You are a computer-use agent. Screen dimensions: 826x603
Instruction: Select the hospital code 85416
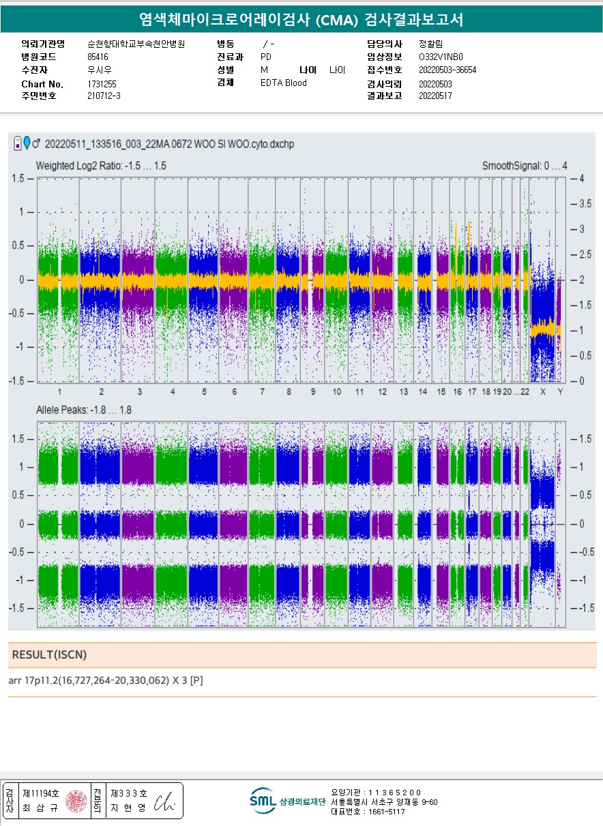tap(98, 57)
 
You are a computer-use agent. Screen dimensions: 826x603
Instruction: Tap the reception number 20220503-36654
tap(447, 70)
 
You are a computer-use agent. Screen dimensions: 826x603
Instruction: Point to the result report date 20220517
tap(435, 96)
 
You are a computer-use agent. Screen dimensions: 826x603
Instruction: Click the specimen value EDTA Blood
tap(284, 83)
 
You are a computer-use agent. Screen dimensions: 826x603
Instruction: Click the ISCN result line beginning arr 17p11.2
tap(106, 681)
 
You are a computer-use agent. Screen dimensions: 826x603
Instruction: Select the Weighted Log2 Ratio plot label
tap(101, 166)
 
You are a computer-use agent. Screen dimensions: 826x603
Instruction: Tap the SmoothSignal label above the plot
tap(524, 166)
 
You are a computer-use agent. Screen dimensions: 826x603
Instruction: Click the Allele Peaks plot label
tap(83, 410)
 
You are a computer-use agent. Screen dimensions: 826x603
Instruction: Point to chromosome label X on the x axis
tap(543, 392)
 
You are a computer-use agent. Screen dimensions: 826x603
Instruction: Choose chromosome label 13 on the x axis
tap(404, 392)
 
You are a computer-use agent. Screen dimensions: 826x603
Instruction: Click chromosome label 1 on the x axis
tap(59, 392)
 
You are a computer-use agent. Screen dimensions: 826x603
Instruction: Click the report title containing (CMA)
tap(301, 20)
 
